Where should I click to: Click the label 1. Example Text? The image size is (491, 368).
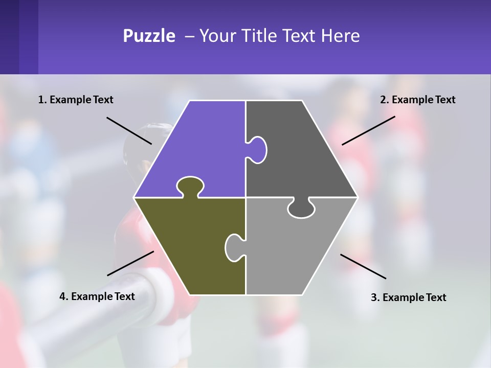tap(76, 100)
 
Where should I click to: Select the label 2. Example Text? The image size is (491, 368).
tap(417, 100)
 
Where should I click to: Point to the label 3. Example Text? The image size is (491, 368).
tap(408, 297)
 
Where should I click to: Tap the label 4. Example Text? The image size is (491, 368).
tap(97, 296)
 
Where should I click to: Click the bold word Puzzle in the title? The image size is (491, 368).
tap(149, 36)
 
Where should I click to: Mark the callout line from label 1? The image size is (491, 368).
tap(129, 130)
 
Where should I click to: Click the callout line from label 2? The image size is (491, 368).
tap(368, 130)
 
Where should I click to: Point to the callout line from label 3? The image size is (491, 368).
tap(363, 266)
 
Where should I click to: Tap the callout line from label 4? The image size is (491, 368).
tap(130, 263)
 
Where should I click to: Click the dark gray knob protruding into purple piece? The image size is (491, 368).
tap(258, 149)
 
